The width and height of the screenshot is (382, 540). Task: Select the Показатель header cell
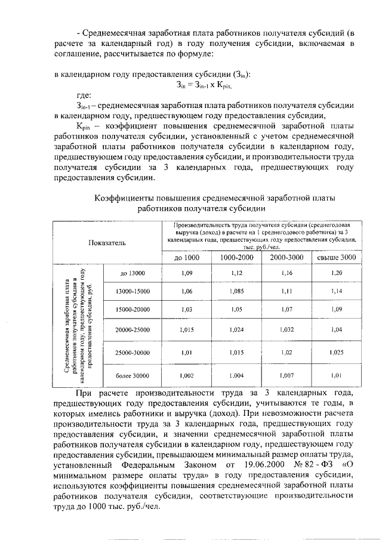point(107,243)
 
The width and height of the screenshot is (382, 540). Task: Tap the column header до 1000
point(186,257)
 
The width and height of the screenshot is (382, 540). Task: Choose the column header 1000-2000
point(236,257)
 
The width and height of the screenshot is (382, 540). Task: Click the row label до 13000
point(132,273)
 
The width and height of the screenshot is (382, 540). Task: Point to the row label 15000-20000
point(133,310)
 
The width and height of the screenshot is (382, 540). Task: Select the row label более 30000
point(133,375)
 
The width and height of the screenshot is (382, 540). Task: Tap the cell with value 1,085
point(237,291)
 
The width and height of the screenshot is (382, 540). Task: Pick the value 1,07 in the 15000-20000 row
point(286,310)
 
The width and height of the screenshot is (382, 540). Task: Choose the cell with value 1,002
point(187,375)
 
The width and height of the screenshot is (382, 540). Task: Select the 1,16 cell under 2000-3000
point(286,273)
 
